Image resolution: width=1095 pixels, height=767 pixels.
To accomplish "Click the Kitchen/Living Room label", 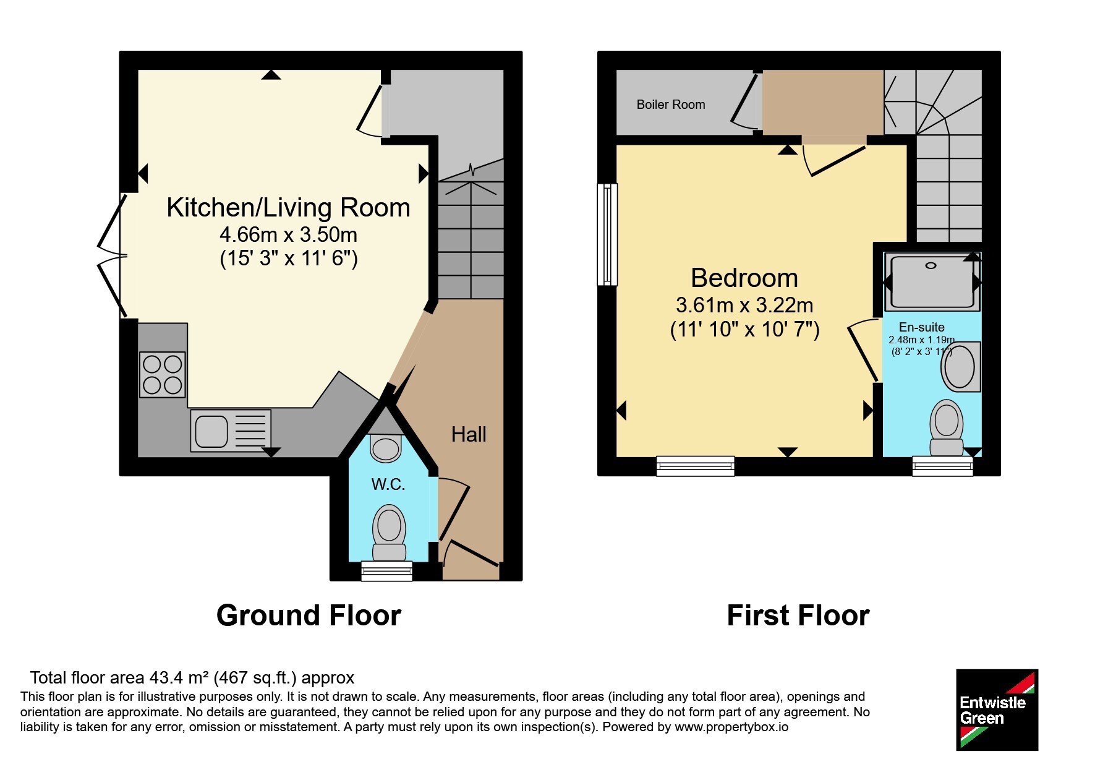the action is [288, 208].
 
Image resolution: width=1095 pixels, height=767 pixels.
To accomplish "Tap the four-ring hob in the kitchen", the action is [163, 374].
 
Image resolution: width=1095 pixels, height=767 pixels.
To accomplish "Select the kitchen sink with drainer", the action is [231, 431].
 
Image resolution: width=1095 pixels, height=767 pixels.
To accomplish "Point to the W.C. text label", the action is [388, 484].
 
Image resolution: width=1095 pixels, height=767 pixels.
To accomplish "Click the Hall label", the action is [469, 434].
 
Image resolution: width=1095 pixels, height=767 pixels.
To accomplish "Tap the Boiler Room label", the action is [671, 105].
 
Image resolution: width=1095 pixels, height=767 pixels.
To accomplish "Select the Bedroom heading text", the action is [744, 278].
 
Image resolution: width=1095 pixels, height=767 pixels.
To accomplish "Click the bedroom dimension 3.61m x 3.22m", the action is [744, 305].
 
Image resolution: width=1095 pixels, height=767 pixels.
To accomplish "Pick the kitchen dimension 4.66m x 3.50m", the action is [289, 235].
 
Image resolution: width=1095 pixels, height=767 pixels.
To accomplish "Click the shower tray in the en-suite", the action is [932, 281].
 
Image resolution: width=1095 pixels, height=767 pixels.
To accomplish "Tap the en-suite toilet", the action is [947, 427].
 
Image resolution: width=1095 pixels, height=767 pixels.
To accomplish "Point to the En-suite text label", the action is [921, 327].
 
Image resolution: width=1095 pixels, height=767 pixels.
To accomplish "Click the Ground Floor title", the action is [309, 615].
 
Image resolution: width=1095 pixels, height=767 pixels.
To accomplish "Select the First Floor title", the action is [798, 615].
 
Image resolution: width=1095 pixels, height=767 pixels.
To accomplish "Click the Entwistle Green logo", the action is [997, 710].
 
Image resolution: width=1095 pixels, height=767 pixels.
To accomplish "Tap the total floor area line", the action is [192, 678].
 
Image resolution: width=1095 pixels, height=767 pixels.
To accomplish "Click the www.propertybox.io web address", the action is [731, 727].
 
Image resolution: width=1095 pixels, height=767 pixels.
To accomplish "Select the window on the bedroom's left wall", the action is [607, 234].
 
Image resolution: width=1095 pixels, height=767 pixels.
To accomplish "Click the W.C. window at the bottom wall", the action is [386, 571].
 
